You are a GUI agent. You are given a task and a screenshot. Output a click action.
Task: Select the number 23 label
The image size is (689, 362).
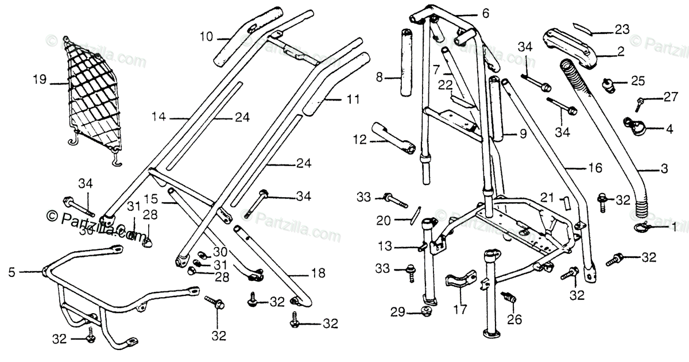[x=622, y=29]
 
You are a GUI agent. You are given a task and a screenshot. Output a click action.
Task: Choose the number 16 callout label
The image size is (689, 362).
[x=595, y=168]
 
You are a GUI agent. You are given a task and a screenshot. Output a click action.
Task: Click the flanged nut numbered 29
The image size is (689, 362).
[x=426, y=311]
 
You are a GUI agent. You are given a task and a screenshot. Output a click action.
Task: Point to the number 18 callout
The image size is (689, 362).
[x=317, y=274]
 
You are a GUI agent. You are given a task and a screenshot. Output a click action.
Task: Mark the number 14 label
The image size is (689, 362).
[x=158, y=117]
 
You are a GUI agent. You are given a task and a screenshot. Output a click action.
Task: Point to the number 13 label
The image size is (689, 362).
[x=385, y=247]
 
